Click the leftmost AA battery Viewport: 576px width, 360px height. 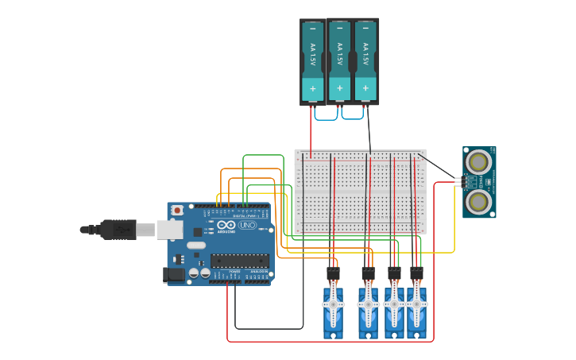click(312, 60)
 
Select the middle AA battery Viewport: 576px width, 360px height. click(339, 60)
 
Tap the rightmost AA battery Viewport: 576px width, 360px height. click(365, 60)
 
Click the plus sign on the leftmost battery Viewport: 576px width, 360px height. click(312, 89)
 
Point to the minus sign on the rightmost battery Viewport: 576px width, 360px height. click(365, 29)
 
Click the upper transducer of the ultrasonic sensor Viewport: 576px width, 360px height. click(477, 163)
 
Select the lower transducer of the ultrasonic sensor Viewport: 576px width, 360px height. click(477, 201)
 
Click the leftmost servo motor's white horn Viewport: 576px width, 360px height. click(333, 303)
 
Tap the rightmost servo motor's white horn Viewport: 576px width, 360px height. click(416, 303)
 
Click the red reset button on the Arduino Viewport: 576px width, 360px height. click(177, 210)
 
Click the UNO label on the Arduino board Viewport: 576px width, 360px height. click(247, 225)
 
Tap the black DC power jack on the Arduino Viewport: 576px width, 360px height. click(173, 275)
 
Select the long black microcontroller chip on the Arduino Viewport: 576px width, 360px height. click(239, 261)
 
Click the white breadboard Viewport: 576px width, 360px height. click(360, 192)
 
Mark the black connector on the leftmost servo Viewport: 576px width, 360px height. click(333, 273)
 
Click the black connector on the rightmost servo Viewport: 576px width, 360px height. click(416, 273)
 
